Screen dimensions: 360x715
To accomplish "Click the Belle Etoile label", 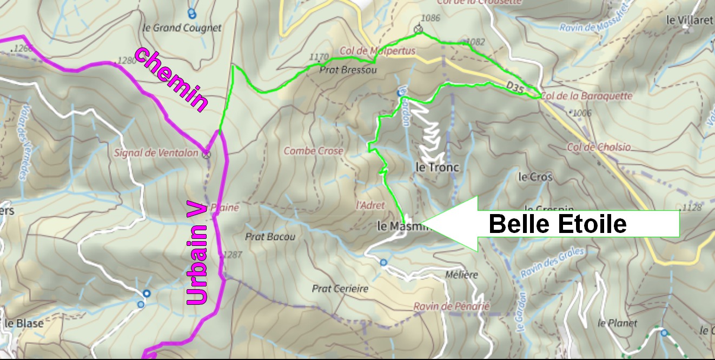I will [x=557, y=224].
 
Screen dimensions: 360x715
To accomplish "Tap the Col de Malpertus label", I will [x=377, y=51].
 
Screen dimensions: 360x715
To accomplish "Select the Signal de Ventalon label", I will [x=156, y=153].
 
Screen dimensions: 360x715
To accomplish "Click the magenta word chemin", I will [x=171, y=80].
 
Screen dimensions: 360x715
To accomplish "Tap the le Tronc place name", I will [x=437, y=168].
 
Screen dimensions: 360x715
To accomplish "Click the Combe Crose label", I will [x=314, y=151].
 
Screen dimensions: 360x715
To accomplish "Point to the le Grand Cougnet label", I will [x=182, y=28].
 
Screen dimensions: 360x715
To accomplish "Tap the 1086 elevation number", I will [x=430, y=18].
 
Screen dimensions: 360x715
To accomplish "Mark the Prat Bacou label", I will [x=270, y=237].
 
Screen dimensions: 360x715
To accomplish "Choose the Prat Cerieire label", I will [x=340, y=289].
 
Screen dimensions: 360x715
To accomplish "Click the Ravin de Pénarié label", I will [x=451, y=306].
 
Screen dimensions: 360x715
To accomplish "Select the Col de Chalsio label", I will [x=599, y=147].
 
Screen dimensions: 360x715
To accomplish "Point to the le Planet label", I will [x=617, y=323].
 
